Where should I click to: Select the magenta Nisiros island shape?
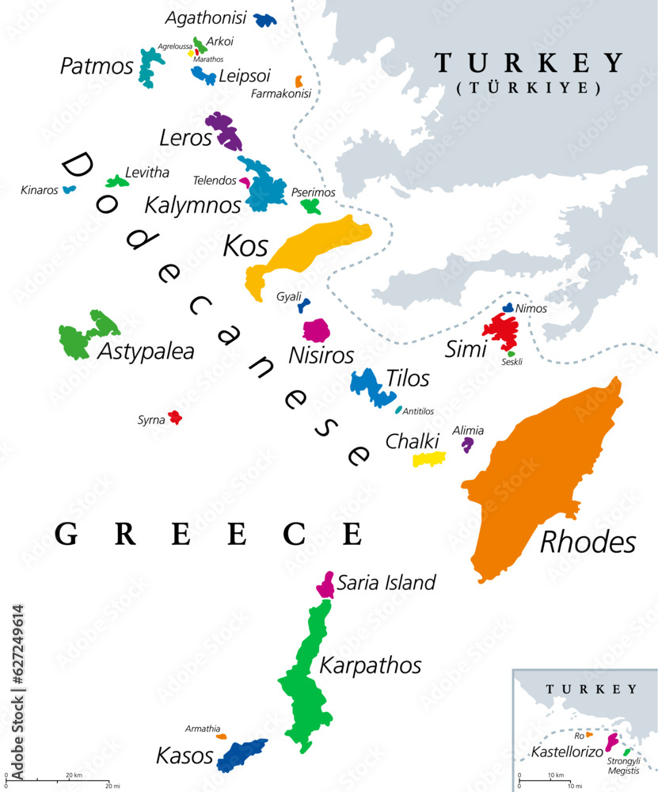pyautogui.click(x=317, y=329)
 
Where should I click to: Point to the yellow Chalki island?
pyautogui.click(x=428, y=459)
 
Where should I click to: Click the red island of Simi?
pyautogui.click(x=501, y=329)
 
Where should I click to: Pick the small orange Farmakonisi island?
pyautogui.click(x=299, y=81)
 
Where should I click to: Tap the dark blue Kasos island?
pyautogui.click(x=241, y=754)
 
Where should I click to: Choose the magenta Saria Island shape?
pyautogui.click(x=325, y=587)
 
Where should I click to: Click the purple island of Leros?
pyautogui.click(x=224, y=131)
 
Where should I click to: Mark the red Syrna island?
pyautogui.click(x=175, y=417)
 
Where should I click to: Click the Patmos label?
pyautogui.click(x=97, y=66)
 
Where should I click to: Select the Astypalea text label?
pyautogui.click(x=146, y=351)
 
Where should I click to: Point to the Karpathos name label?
pyautogui.click(x=371, y=664)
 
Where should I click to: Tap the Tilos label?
pyautogui.click(x=409, y=379)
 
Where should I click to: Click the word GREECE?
pyautogui.click(x=210, y=535)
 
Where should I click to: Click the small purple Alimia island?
pyautogui.click(x=468, y=444)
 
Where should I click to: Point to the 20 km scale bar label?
pyautogui.click(x=74, y=775)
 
